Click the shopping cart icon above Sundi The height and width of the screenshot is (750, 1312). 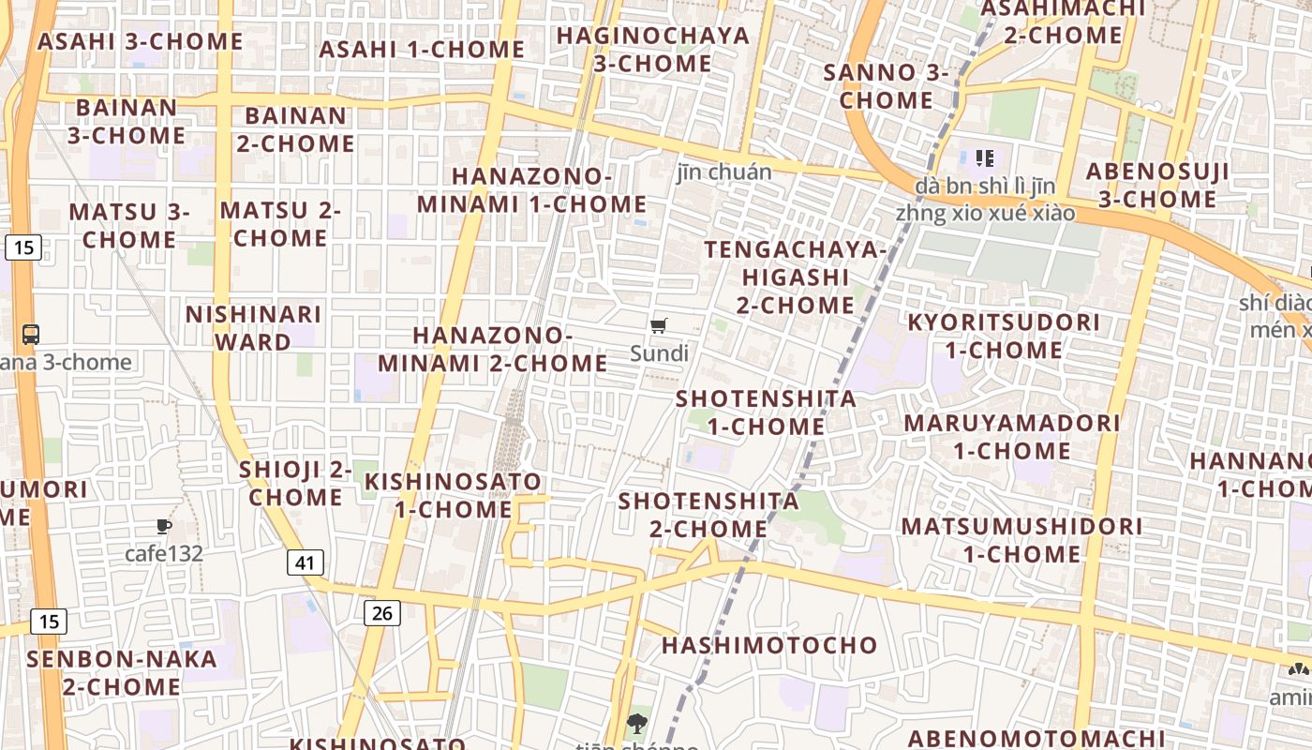click(x=659, y=326)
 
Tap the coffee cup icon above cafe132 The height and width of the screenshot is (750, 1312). click(x=164, y=526)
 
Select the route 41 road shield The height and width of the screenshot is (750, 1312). click(x=305, y=562)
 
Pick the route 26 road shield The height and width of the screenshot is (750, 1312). click(x=381, y=613)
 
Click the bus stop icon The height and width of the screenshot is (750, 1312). click(x=31, y=334)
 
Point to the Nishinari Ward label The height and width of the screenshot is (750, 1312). click(x=253, y=328)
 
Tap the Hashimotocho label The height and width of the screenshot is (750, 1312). click(x=769, y=645)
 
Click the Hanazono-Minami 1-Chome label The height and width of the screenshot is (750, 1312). click(x=532, y=190)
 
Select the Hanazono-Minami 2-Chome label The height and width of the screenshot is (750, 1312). click(x=493, y=349)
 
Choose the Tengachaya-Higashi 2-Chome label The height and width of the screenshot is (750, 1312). click(x=795, y=277)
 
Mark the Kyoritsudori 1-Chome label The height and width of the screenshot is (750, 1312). click(x=1004, y=336)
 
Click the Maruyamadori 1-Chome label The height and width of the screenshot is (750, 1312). click(x=1012, y=436)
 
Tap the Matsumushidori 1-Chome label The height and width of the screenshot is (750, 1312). click(x=1022, y=539)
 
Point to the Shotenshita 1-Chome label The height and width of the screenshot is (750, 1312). click(x=767, y=412)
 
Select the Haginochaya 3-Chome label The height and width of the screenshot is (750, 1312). click(x=653, y=50)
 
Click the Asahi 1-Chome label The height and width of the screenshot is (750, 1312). click(x=422, y=49)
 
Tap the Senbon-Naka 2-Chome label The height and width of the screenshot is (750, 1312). click(x=122, y=672)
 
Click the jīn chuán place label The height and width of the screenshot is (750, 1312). click(x=724, y=172)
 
